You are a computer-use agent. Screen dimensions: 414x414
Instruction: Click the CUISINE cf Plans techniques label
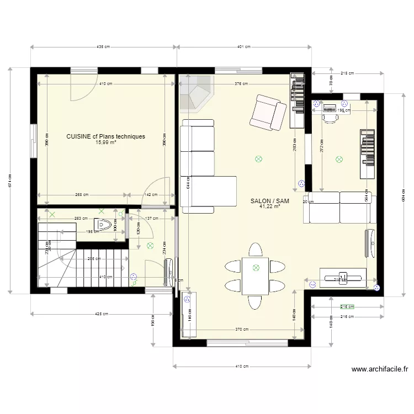click(x=105, y=136)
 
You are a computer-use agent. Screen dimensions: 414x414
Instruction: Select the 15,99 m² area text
click(x=105, y=142)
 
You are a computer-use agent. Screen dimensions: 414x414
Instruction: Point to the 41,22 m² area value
click(x=269, y=207)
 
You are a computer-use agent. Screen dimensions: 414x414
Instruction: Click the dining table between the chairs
click(x=255, y=276)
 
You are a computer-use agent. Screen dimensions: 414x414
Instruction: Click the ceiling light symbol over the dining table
click(x=256, y=268)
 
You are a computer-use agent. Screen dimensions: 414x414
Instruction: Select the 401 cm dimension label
click(x=244, y=47)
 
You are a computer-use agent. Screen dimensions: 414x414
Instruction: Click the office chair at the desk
click(x=330, y=116)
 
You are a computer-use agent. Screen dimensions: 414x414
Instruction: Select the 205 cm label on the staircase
click(x=94, y=258)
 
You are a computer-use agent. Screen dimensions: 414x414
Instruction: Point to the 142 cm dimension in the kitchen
click(x=151, y=195)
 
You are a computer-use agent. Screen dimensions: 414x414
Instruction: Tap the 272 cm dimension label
click(x=321, y=145)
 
